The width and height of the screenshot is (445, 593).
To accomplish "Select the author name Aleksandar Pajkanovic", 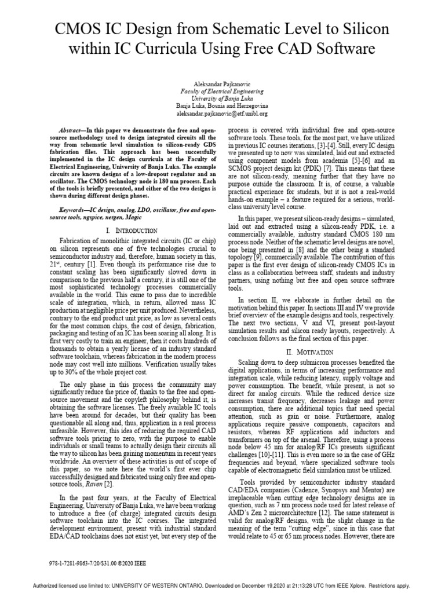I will (x=222, y=83).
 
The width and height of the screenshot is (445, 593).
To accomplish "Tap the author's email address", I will (x=222, y=115).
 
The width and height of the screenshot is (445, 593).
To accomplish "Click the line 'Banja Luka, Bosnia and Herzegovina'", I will (x=222, y=107).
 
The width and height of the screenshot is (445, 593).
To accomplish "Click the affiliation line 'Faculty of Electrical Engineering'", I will (x=222, y=91).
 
